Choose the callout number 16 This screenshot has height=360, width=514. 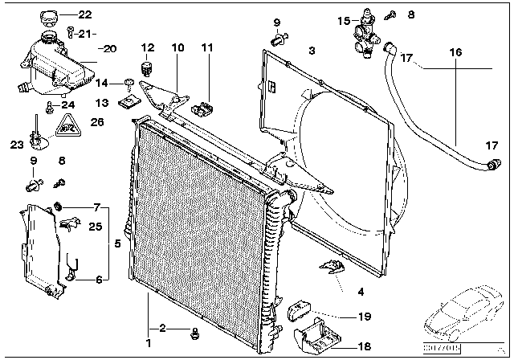pyautogui.click(x=456, y=51)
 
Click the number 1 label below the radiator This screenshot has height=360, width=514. pyautogui.click(x=149, y=329)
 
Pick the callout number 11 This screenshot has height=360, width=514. pyautogui.click(x=208, y=47)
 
